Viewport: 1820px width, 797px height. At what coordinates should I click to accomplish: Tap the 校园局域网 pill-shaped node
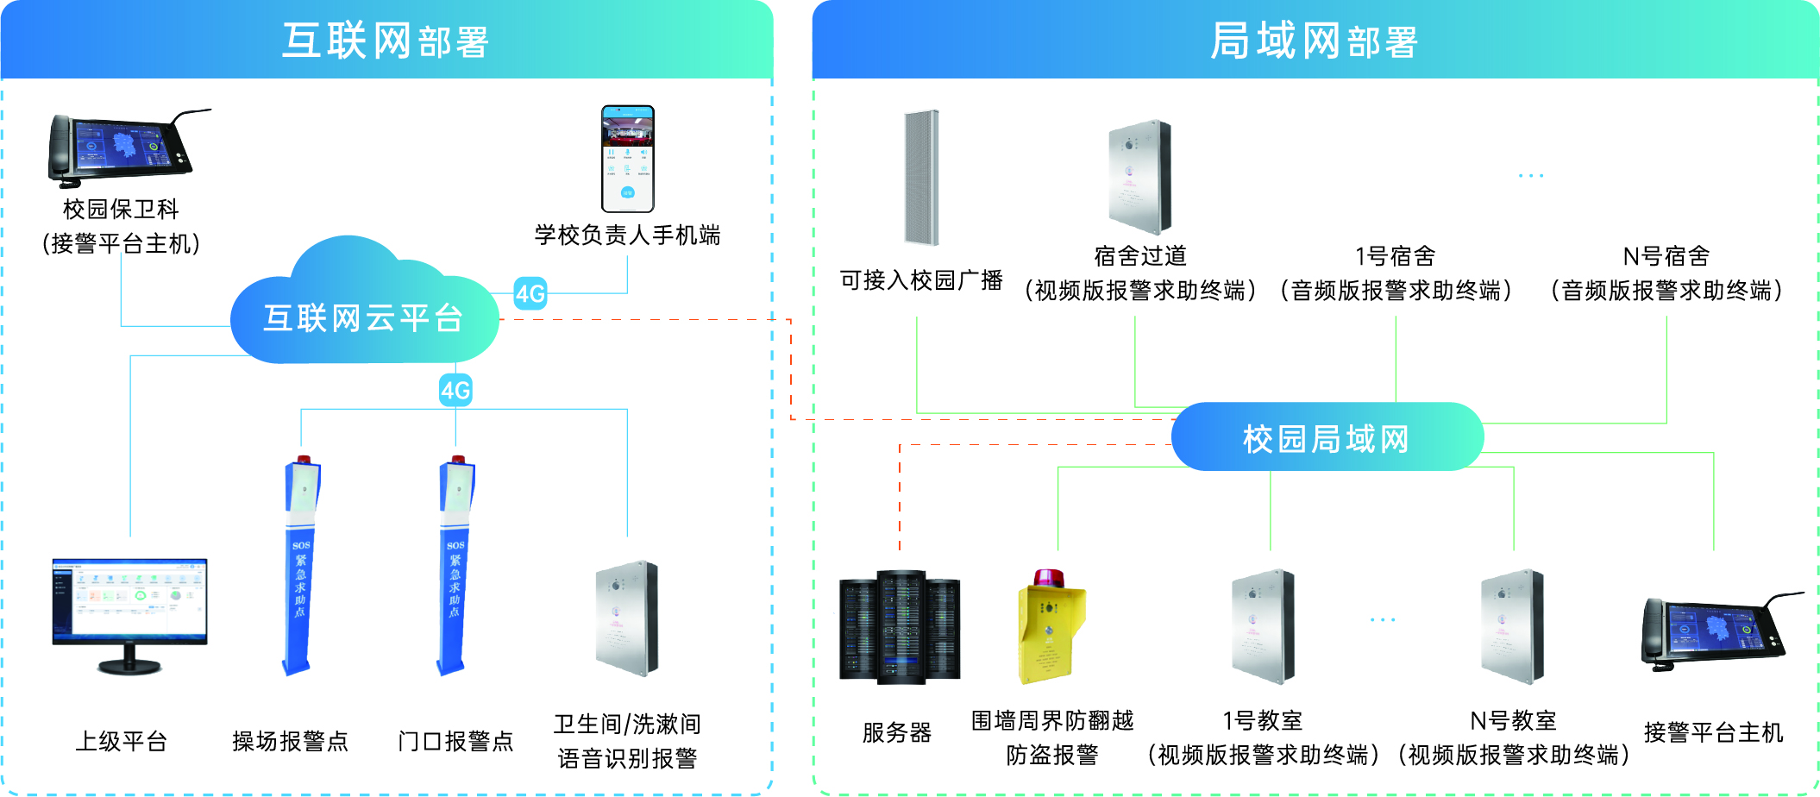1327,438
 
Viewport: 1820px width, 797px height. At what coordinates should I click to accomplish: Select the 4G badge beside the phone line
530,293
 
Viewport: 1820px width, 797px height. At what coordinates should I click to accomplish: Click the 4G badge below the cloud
455,390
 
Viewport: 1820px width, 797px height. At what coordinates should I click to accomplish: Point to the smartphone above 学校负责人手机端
627,159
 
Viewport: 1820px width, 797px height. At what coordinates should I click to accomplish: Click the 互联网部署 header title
386,41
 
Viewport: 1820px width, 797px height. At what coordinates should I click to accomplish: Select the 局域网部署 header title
1315,41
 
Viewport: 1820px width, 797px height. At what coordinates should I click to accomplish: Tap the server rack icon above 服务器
900,627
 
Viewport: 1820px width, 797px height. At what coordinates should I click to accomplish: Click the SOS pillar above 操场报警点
300,566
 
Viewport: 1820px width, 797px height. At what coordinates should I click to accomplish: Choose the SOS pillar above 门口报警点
455,566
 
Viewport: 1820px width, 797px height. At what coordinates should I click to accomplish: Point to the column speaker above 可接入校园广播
921,177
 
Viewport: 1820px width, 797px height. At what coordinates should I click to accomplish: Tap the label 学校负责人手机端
627,235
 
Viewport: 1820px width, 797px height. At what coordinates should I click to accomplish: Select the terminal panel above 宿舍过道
1140,177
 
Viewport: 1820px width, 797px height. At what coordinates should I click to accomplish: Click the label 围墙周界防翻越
1052,720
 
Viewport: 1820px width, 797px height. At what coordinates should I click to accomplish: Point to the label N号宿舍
1666,256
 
